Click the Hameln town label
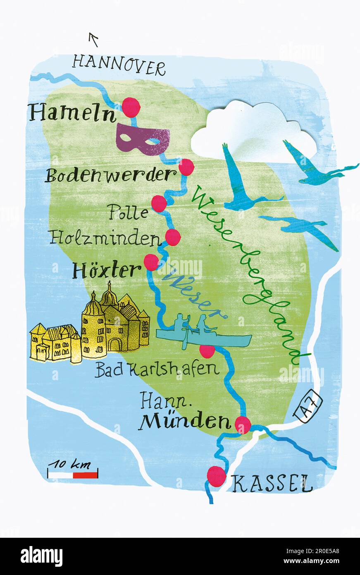[72, 113]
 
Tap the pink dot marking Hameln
[131, 107]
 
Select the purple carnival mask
[143, 139]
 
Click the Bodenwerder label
[108, 175]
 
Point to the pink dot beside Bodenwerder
[186, 167]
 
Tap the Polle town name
[129, 213]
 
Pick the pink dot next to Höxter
[151, 262]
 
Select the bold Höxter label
[107, 271]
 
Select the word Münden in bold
[184, 422]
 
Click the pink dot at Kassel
[216, 476]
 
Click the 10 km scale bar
[73, 474]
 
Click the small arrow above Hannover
[94, 40]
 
